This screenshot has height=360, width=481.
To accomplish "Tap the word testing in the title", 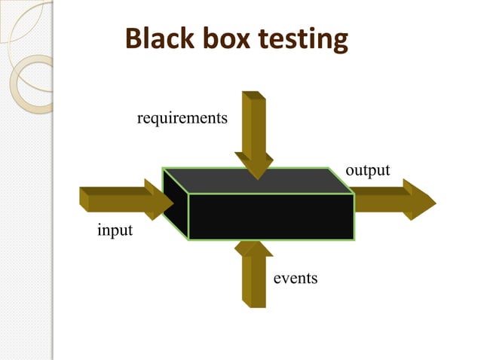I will [306, 39].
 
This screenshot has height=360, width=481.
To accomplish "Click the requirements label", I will [182, 118].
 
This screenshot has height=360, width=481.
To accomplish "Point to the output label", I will [368, 170].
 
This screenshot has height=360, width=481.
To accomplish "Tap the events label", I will [296, 279].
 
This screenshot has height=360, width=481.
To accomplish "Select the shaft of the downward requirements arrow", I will [254, 121].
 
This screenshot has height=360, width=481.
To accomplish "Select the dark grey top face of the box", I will [256, 181].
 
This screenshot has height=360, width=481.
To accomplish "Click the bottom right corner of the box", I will [354, 239].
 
